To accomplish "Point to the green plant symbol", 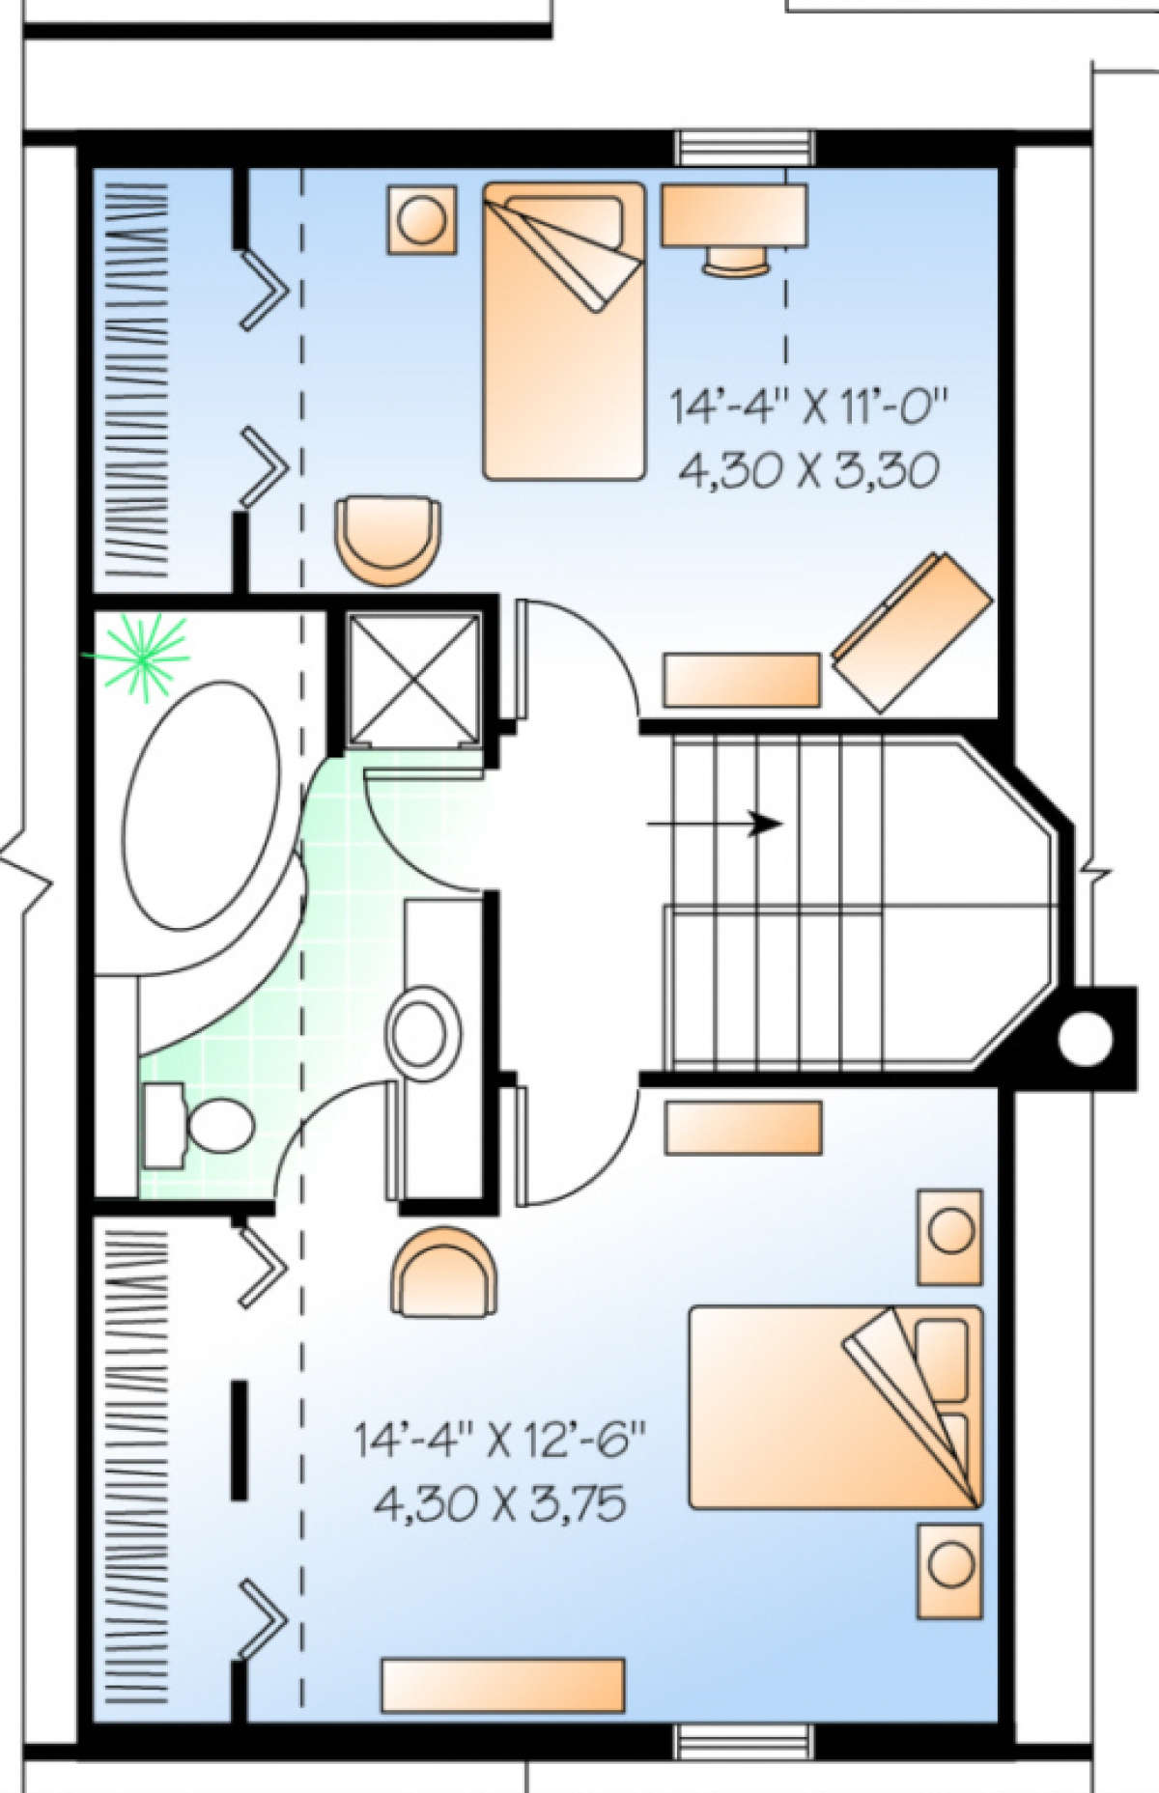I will click(x=145, y=657).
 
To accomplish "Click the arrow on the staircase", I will click(x=715, y=824).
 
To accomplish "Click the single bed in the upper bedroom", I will click(x=564, y=331).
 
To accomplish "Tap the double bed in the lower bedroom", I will click(x=834, y=1407).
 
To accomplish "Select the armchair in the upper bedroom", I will click(x=387, y=540).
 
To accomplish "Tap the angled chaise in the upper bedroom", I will click(x=914, y=631).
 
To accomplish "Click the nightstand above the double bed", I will click(x=948, y=1237).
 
